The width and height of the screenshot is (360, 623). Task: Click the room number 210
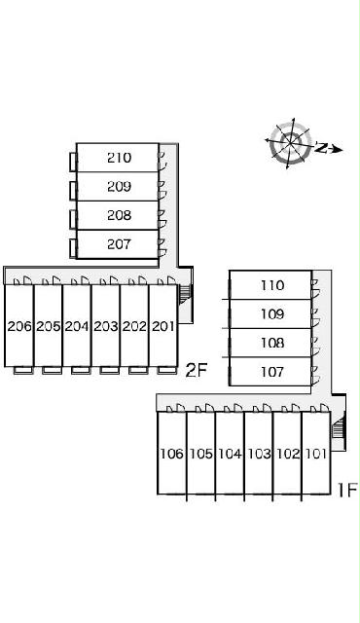119,158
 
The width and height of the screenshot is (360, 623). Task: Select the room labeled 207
119,244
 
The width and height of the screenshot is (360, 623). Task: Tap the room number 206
19,326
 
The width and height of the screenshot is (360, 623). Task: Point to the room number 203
106,326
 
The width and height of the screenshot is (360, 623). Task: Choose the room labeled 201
163,326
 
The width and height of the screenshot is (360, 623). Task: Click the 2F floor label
197,371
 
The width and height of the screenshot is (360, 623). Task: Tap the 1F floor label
347,490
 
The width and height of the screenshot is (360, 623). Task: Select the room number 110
272,285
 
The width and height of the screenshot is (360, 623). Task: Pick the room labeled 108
272,343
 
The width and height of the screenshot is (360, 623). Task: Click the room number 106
172,454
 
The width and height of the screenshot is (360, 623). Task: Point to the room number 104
230,454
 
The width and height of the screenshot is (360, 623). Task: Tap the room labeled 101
316,454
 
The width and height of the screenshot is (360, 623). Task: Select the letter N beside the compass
322,148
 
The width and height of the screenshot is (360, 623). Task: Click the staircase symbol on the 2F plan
186,294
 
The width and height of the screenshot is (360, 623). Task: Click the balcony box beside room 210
73,162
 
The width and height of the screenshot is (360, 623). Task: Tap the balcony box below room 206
23,370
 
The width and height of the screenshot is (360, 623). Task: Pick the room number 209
119,186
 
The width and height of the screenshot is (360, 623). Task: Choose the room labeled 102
287,454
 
